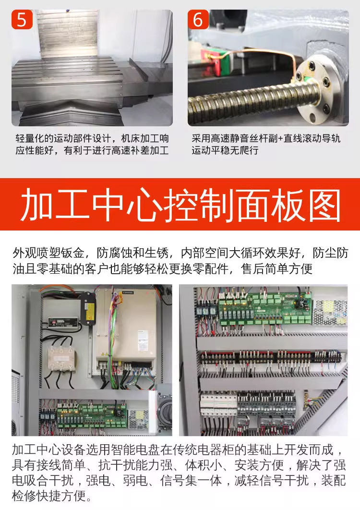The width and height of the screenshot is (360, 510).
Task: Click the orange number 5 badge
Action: point(22,20)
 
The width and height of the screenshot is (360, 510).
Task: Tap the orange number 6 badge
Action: point(198,20)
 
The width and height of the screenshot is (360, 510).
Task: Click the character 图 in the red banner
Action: point(324,205)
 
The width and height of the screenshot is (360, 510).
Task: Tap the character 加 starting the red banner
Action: point(36,205)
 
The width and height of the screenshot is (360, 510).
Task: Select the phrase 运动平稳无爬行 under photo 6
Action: point(225,151)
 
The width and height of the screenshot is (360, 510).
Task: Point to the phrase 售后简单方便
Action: point(277,269)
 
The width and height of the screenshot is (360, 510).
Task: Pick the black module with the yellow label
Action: point(87,308)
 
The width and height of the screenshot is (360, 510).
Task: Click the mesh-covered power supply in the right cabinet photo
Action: point(329,313)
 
